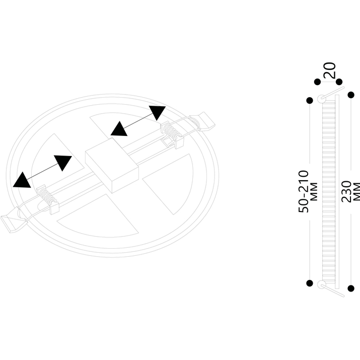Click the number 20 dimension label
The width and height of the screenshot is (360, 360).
pyautogui.click(x=329, y=70)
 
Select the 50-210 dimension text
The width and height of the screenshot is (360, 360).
pyautogui.click(x=304, y=191)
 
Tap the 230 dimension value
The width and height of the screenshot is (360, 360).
pyautogui.click(x=346, y=192)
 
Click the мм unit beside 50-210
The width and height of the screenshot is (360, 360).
pyautogui.click(x=314, y=192)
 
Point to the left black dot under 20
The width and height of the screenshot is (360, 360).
pyautogui.click(x=317, y=82)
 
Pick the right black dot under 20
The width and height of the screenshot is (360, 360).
pyautogui.click(x=339, y=82)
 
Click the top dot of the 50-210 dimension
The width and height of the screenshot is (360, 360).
pyautogui.click(x=310, y=100)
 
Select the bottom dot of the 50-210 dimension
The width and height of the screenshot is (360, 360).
pyautogui.click(x=310, y=283)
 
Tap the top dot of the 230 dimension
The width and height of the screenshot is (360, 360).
pyautogui.click(x=351, y=95)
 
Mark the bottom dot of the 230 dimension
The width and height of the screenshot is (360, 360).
pyautogui.click(x=351, y=289)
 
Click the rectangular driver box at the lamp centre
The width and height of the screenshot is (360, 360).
pyautogui.click(x=112, y=165)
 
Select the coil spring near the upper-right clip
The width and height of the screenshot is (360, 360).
pyautogui.click(x=171, y=131)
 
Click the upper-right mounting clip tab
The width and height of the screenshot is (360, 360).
pyautogui.click(x=205, y=122)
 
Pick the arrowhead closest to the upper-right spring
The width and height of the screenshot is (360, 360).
pyautogui.click(x=157, y=113)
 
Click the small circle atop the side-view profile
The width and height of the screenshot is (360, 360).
pyautogui.click(x=321, y=99)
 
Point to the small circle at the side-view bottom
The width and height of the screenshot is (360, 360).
pyautogui.click(x=321, y=284)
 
